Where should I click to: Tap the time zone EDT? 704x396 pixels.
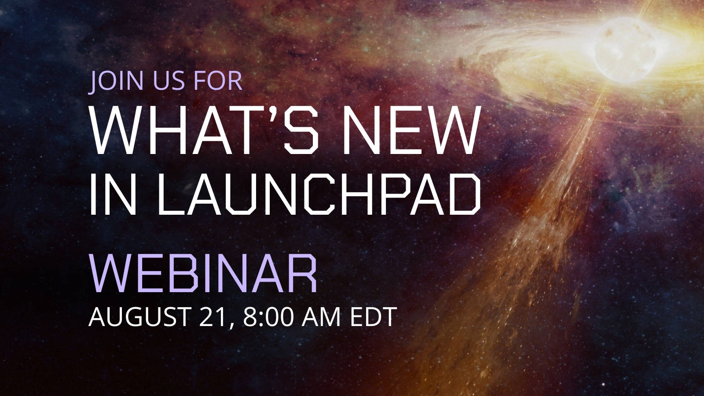click(x=373, y=316)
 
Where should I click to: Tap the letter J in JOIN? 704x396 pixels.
click(x=94, y=82)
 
